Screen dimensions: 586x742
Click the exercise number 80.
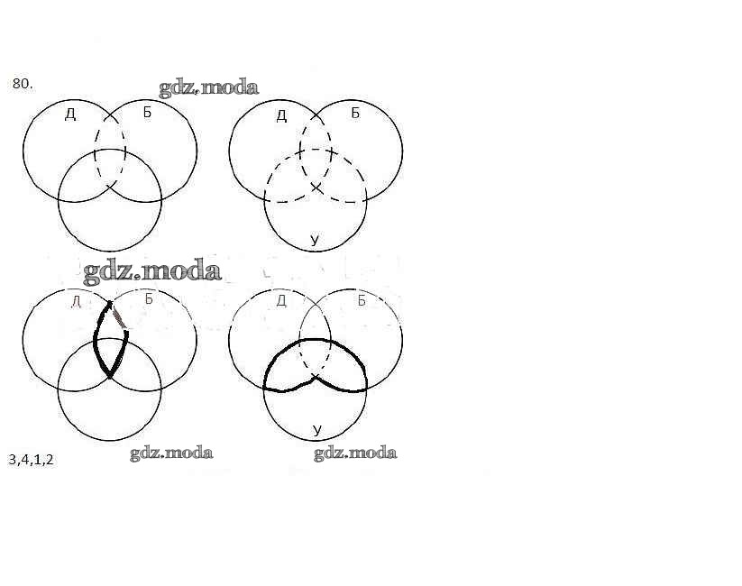pyautogui.click(x=23, y=84)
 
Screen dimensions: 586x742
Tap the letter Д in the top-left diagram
pyautogui.click(x=70, y=114)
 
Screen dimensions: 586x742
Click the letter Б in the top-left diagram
pyautogui.click(x=147, y=113)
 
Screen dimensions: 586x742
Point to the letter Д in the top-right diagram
pyautogui.click(x=281, y=114)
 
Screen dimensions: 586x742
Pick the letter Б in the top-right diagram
pyautogui.click(x=354, y=114)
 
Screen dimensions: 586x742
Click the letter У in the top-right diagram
pyautogui.click(x=315, y=240)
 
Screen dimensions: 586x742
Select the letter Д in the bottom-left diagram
pyautogui.click(x=76, y=301)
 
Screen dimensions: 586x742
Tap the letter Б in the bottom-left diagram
pyautogui.click(x=149, y=300)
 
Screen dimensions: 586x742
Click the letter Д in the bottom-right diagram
pyautogui.click(x=281, y=300)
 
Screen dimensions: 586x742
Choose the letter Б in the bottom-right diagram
pyautogui.click(x=361, y=300)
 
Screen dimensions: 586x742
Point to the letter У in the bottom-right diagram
pyautogui.click(x=316, y=430)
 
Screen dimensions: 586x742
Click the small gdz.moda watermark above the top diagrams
pyautogui.click(x=208, y=87)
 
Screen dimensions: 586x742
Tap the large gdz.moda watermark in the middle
pyautogui.click(x=152, y=270)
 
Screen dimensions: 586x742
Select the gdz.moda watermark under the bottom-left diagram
pyautogui.click(x=171, y=453)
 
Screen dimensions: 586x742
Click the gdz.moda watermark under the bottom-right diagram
pyautogui.click(x=355, y=453)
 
